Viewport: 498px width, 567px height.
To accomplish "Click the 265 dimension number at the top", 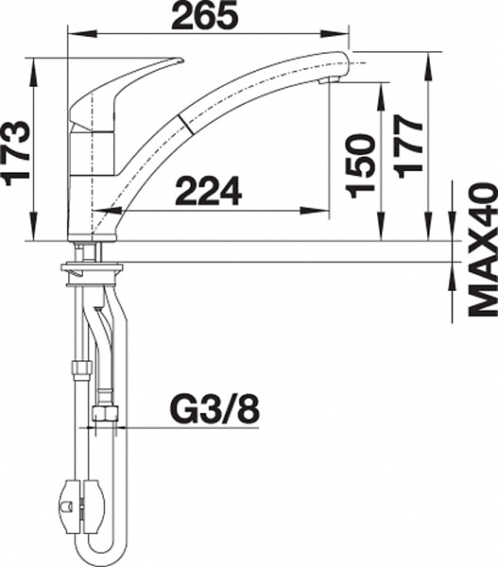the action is point(205,14).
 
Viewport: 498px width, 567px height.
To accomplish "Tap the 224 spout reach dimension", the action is point(209,191).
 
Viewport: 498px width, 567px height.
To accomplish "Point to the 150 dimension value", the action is point(359,165).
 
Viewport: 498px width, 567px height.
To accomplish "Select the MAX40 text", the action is point(483,249).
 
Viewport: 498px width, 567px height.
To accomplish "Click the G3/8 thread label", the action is point(215,411).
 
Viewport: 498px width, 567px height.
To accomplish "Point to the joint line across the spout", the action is point(186,125).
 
